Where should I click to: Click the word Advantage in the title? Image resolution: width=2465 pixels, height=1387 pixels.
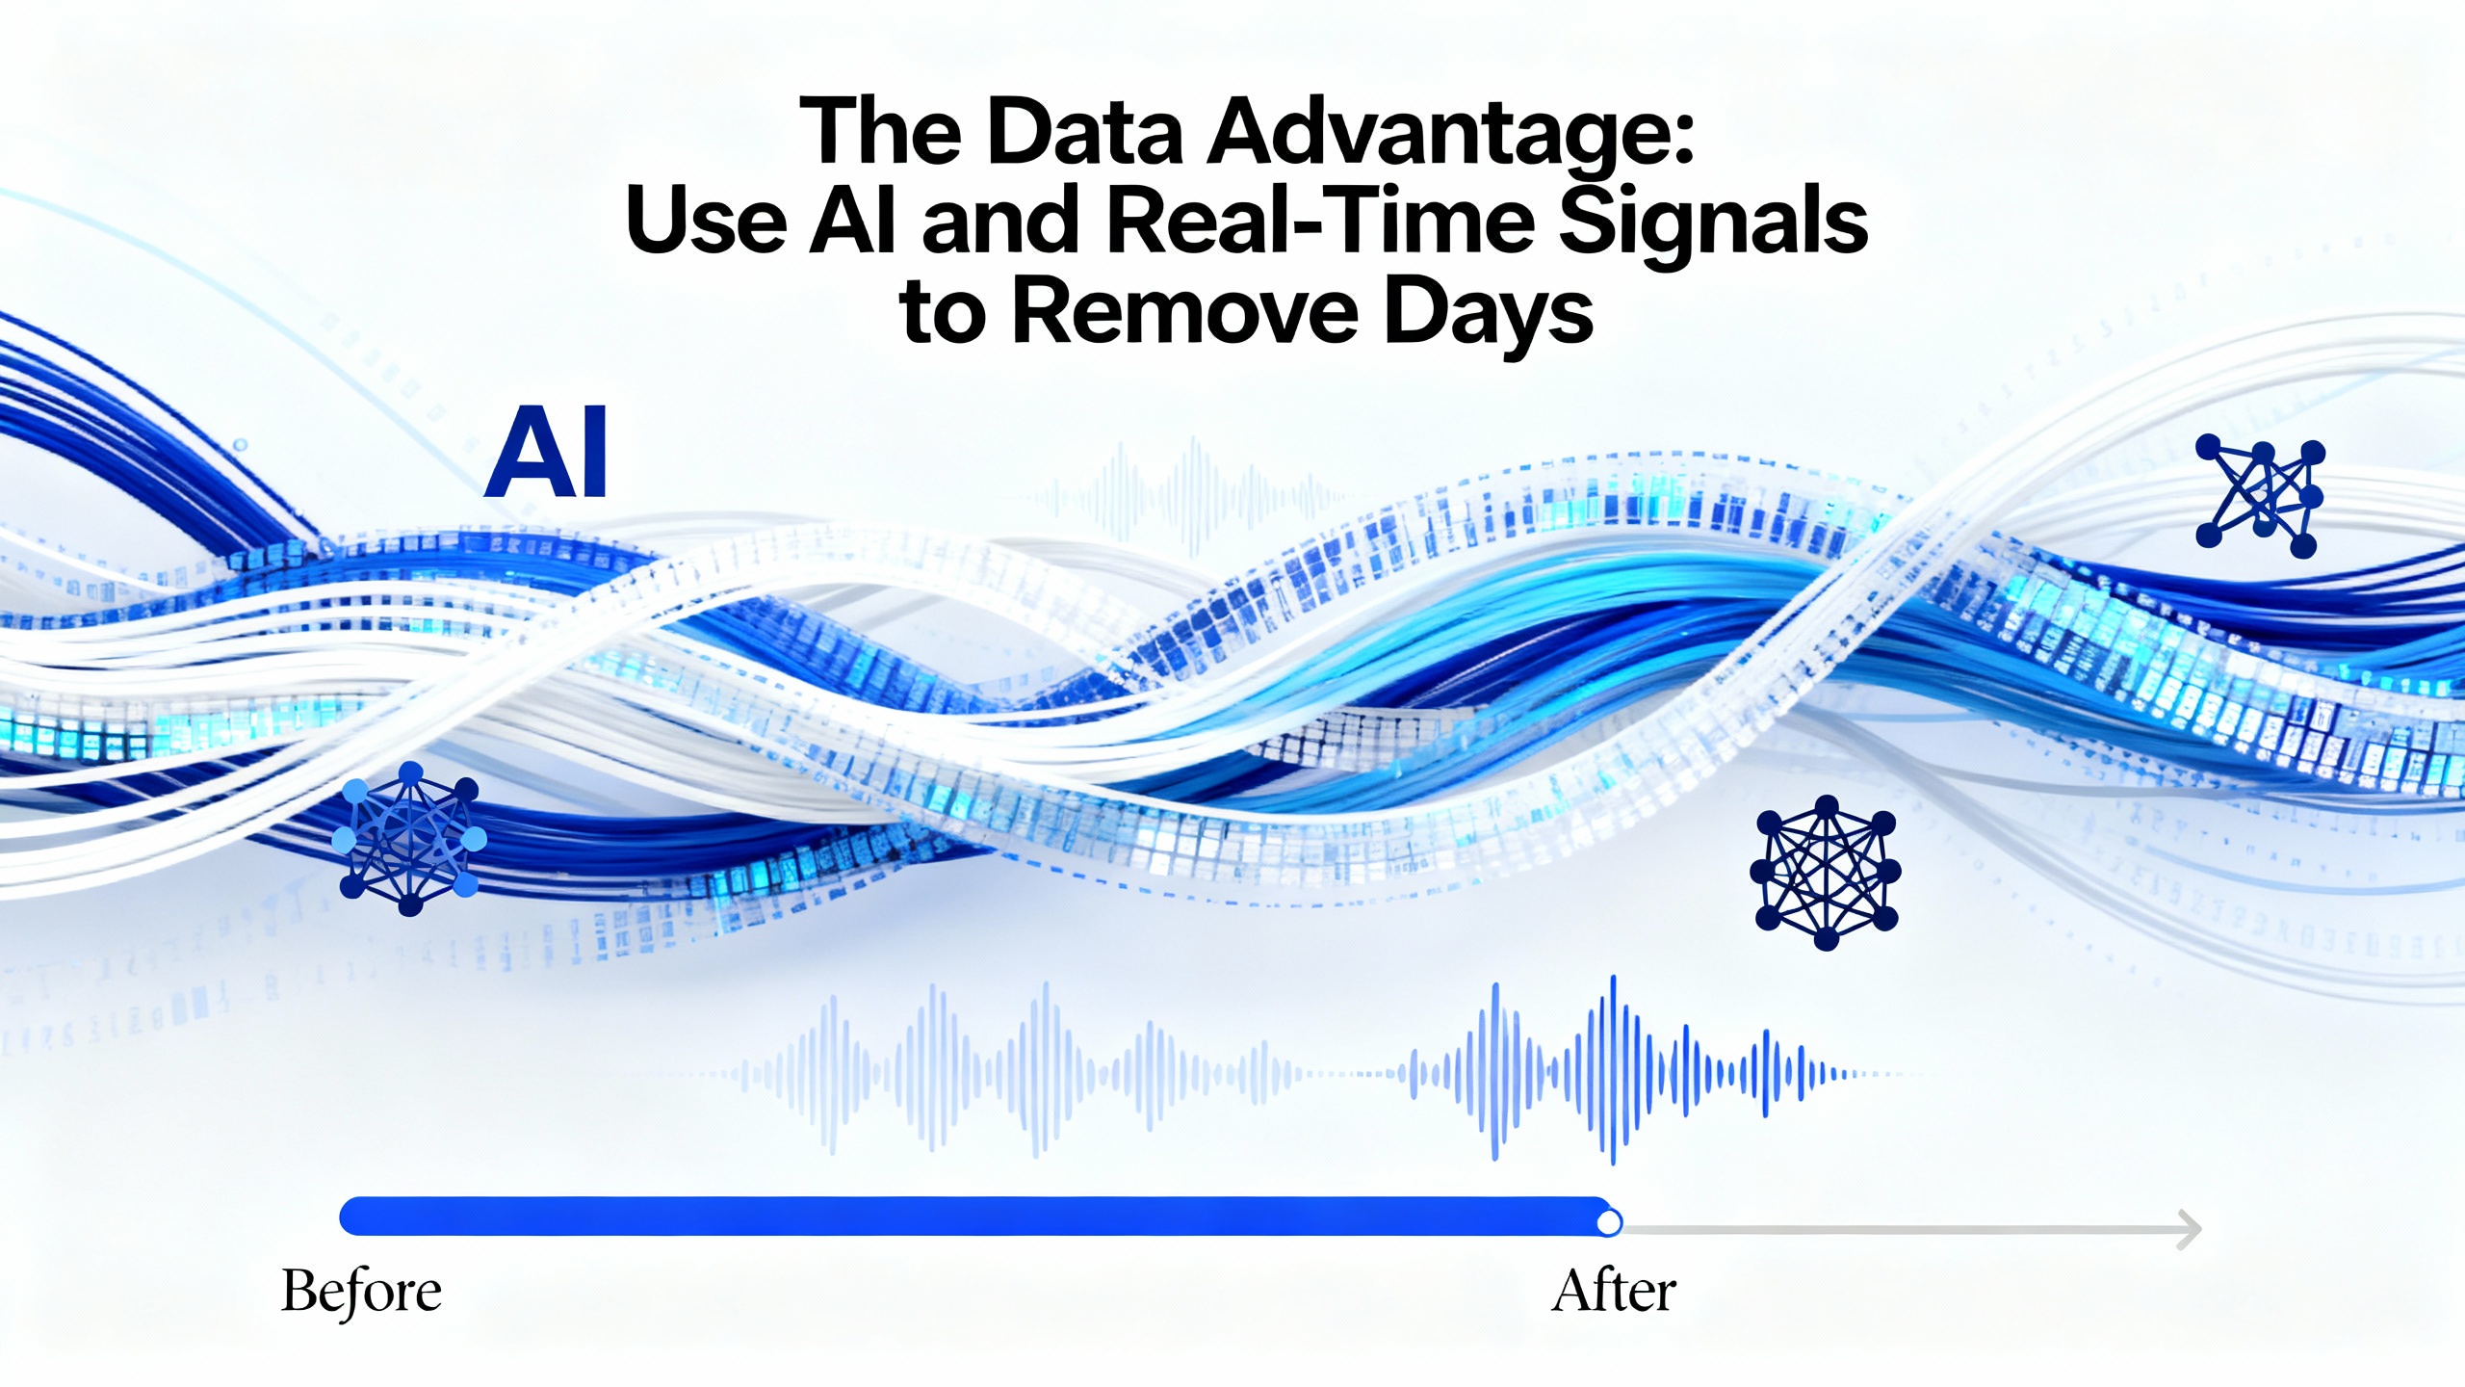pos(1449,134)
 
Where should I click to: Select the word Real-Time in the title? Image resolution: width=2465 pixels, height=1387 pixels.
pos(1319,222)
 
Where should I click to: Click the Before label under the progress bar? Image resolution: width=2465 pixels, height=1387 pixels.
pos(361,1291)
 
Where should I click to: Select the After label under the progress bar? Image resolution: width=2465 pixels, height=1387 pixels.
pos(1614,1291)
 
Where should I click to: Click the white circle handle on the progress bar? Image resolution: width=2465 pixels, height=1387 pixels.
pos(1608,1223)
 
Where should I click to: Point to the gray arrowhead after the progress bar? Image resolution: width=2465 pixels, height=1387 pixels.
pos(2190,1229)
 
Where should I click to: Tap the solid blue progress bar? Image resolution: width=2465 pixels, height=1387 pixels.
pos(975,1217)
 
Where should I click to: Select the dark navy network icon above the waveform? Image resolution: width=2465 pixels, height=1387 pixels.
pos(1826,872)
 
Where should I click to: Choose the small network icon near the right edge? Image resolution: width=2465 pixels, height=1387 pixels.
pos(2260,496)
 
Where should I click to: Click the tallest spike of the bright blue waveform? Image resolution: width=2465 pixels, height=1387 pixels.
pos(1613,1069)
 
